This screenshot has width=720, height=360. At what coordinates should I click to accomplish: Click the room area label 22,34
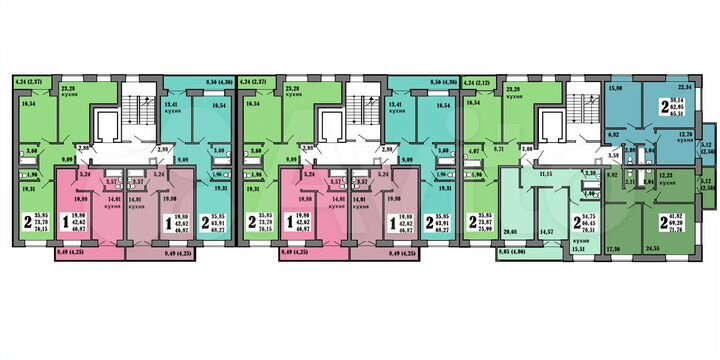point(685,87)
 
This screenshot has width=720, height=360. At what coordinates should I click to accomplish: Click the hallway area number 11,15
point(546,174)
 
